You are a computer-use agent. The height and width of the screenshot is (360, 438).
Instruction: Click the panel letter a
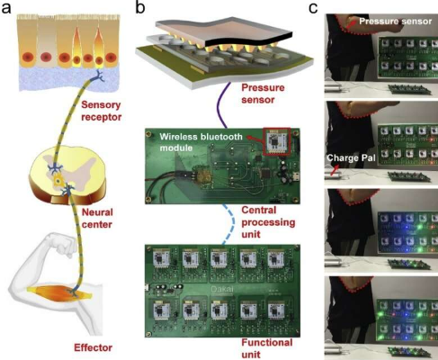[x=6, y=7]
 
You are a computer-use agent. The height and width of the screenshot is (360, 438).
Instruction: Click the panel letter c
[x=313, y=8]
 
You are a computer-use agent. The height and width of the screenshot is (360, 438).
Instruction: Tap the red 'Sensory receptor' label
[x=102, y=111]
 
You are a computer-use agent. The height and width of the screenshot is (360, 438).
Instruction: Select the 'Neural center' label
[x=97, y=218]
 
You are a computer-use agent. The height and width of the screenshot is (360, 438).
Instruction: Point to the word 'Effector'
[x=94, y=347]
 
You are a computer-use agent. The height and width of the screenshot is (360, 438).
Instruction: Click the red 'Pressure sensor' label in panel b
[x=263, y=94]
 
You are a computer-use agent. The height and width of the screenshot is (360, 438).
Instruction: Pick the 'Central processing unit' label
[x=268, y=222]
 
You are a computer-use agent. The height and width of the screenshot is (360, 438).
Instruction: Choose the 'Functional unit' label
[x=267, y=348]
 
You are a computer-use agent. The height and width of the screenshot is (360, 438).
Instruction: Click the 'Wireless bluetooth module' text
[x=201, y=142]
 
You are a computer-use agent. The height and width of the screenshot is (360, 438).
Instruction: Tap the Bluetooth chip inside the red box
[x=276, y=141]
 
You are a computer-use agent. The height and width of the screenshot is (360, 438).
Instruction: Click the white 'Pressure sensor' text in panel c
[x=396, y=22]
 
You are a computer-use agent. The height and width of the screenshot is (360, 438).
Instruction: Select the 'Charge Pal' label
[x=351, y=158]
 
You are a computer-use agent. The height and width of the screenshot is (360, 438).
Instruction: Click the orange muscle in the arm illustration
[x=59, y=292]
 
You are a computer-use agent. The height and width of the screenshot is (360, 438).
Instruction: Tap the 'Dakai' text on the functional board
[x=222, y=290]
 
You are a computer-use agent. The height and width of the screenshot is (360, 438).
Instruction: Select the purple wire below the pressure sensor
[x=224, y=105]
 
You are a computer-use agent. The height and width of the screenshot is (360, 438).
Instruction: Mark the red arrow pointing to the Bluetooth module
[x=255, y=139]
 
